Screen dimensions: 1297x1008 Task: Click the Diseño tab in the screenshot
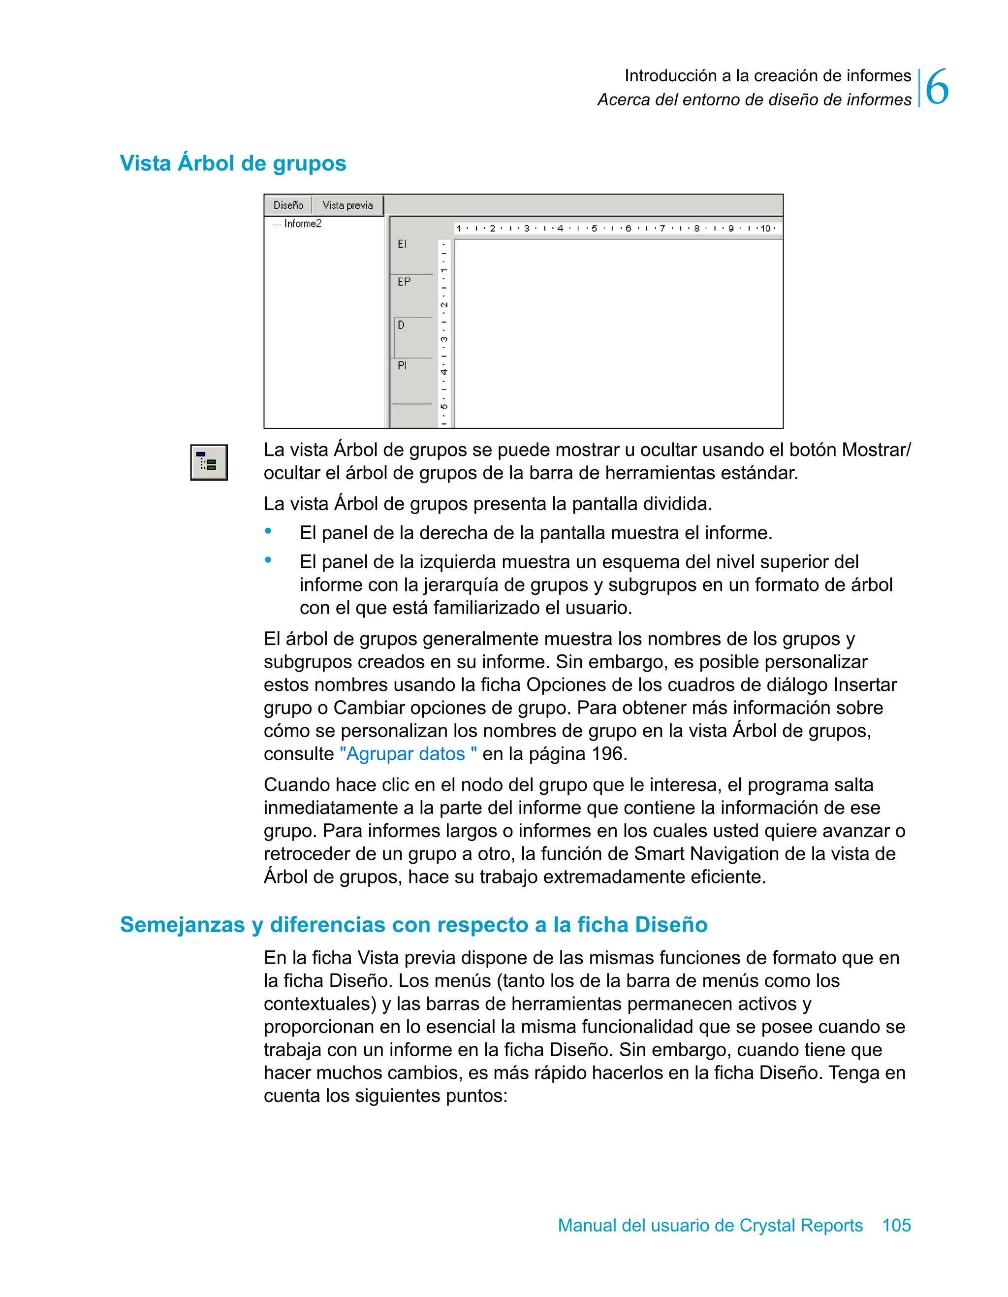[x=288, y=205]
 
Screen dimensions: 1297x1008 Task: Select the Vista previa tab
[x=347, y=205]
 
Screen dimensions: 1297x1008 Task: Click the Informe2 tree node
[x=302, y=224]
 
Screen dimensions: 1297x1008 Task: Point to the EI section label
[x=402, y=244]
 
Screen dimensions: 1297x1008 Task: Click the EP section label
[x=404, y=282]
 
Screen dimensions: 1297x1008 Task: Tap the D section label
[x=401, y=325]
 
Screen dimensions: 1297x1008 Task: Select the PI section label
[x=402, y=366]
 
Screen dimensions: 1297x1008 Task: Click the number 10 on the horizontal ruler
[x=765, y=228]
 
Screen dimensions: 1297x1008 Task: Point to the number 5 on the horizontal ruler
[x=594, y=228]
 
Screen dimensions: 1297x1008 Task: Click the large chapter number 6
[x=937, y=88]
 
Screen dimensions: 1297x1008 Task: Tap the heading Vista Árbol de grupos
[x=233, y=163]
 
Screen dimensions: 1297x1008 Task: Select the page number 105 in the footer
[x=896, y=1225]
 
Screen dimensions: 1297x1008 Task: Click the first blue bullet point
[x=268, y=531]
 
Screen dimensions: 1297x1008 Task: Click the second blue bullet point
[x=268, y=560]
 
